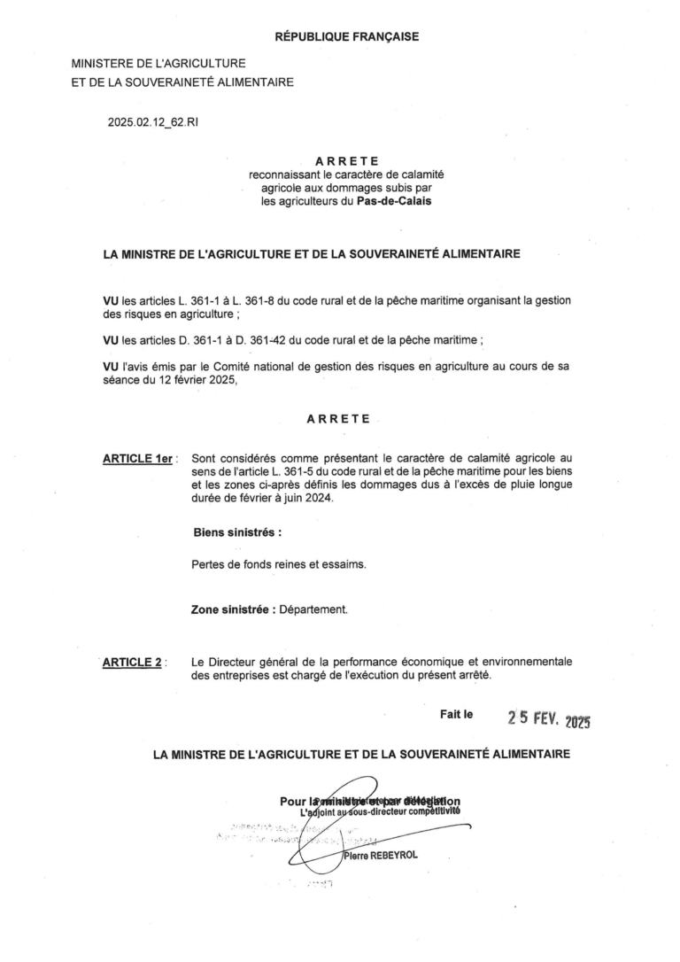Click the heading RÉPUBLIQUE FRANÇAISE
(346, 36)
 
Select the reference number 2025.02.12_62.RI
(153, 122)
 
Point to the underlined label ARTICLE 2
(134, 662)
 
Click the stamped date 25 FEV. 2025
(549, 718)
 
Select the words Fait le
(457, 714)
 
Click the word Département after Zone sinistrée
(313, 610)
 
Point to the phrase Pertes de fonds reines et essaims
(279, 564)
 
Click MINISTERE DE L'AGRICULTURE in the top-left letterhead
(158, 65)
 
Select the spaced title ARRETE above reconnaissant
(346, 161)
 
